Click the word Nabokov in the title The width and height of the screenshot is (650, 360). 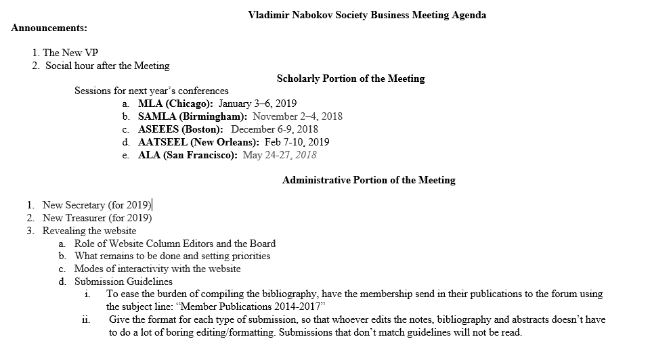[311, 15]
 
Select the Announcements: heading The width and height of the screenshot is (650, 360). [49, 28]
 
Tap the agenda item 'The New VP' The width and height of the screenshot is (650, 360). [70, 52]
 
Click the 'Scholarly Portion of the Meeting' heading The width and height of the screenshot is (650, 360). [351, 78]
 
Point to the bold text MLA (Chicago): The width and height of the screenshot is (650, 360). [175, 104]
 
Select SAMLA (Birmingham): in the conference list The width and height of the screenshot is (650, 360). [192, 116]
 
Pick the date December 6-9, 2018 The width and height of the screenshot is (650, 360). [274, 129]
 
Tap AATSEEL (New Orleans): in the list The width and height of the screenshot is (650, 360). [198, 142]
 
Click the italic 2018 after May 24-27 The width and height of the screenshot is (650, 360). [305, 155]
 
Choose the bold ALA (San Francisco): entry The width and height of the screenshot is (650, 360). [188, 155]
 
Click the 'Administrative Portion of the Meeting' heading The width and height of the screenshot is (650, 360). [368, 180]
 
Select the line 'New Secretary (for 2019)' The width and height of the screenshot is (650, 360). [97, 205]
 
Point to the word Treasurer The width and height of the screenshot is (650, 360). [86, 218]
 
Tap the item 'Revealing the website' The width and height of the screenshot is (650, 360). [89, 231]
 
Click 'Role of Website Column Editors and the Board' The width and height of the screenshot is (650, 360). [175, 244]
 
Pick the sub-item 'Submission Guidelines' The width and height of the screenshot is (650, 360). [123, 282]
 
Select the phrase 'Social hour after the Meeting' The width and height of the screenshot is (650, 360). [107, 66]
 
